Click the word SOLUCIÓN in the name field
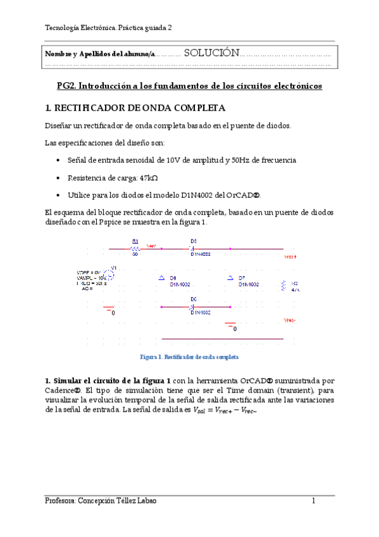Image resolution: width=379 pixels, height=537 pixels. pyautogui.click(x=211, y=53)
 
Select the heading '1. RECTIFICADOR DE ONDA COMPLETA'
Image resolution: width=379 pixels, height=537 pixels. pyautogui.click(x=131, y=108)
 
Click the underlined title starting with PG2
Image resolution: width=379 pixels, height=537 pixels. pyautogui.click(x=189, y=85)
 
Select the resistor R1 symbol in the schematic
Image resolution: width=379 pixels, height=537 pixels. pyautogui.click(x=135, y=248)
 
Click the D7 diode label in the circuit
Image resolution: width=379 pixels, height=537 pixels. pyautogui.click(x=242, y=278)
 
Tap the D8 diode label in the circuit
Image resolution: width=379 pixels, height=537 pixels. pyautogui.click(x=173, y=278)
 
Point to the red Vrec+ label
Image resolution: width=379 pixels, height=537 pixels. pyautogui.click(x=290, y=257)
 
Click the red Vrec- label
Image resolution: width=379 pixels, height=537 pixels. pyautogui.click(x=290, y=320)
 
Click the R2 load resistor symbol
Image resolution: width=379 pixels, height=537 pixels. pyautogui.click(x=283, y=284)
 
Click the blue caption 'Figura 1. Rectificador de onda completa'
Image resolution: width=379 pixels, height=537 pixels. pyautogui.click(x=189, y=357)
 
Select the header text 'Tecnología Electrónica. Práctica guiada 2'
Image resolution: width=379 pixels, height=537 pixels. pyautogui.click(x=108, y=28)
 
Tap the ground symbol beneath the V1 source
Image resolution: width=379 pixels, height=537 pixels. pyautogui.click(x=109, y=311)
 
